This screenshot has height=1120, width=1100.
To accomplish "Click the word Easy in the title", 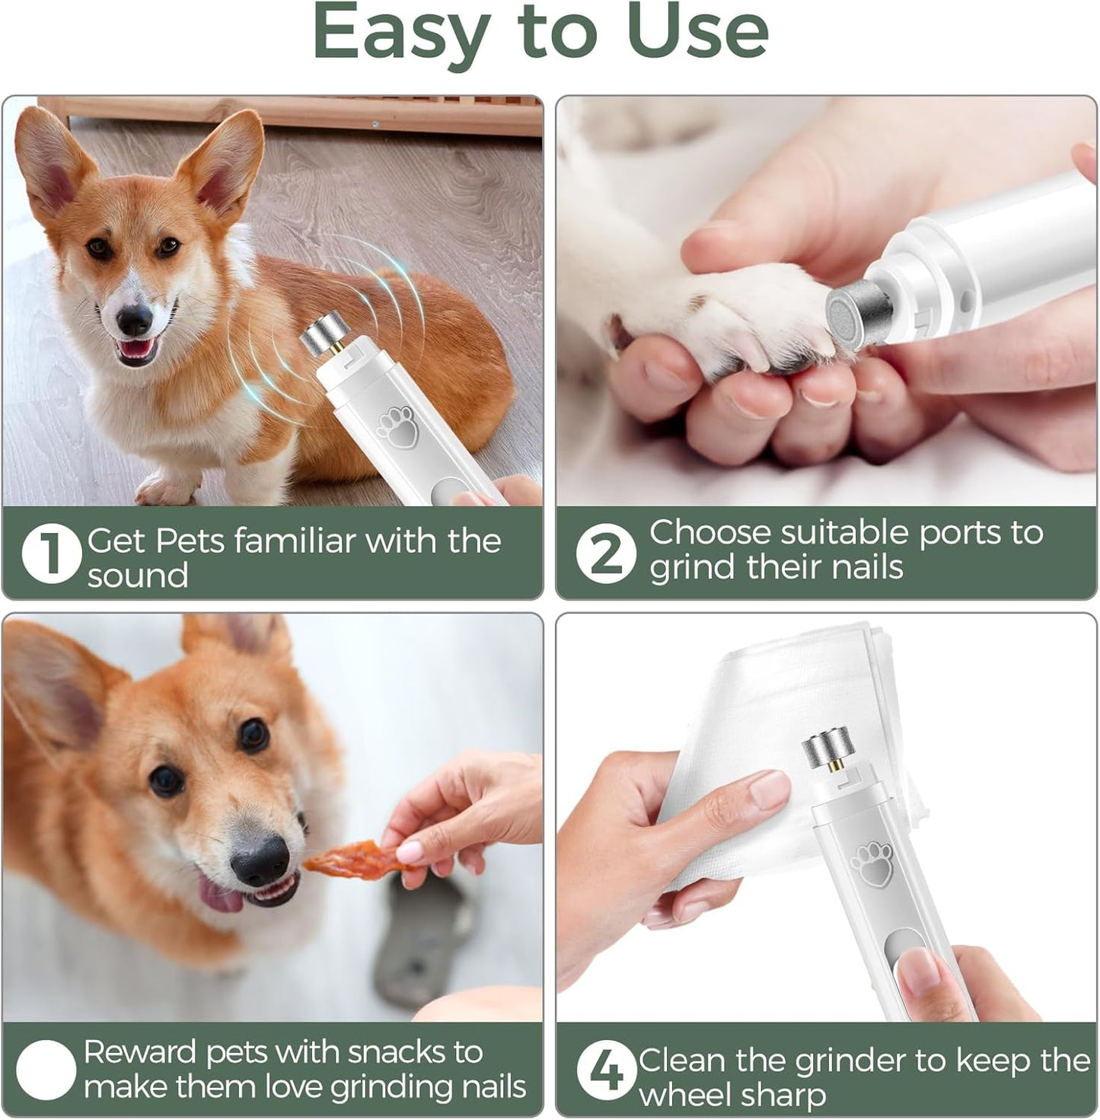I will pyautogui.click(x=399, y=32).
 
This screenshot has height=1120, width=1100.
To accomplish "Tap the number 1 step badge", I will pyautogui.click(x=51, y=554).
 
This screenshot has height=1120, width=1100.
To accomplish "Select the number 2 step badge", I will pyautogui.click(x=605, y=553).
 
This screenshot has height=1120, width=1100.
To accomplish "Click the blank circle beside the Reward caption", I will pyautogui.click(x=46, y=1069).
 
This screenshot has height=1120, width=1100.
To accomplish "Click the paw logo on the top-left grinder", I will pyautogui.click(x=397, y=426).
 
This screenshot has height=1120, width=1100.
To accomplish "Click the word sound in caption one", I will pyautogui.click(x=138, y=576).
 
